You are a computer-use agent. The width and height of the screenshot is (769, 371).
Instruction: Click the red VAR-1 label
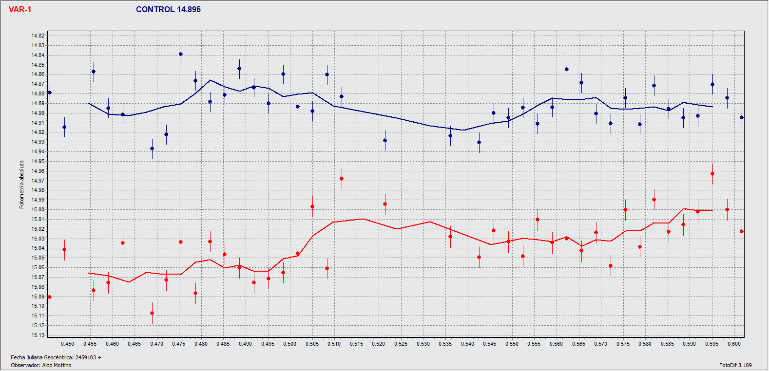coord(20,10)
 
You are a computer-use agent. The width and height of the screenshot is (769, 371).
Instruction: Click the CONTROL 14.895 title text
coord(168,10)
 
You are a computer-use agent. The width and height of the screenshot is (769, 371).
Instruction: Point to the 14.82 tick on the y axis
coord(38,36)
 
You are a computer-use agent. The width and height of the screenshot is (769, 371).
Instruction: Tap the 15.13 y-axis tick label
coord(38,335)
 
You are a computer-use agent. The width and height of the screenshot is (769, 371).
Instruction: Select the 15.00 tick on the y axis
coord(38,209)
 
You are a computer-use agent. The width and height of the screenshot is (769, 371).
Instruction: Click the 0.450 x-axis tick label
coord(68,344)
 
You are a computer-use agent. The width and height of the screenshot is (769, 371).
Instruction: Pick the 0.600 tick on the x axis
coord(734,344)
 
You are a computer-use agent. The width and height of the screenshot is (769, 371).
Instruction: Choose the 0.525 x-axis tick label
coord(401,344)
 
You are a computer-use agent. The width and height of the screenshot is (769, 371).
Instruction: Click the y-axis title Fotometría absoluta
coord(21,185)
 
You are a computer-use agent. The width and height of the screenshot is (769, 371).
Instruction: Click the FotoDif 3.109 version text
coord(735,365)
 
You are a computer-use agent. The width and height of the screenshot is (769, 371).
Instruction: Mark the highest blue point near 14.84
coord(181,54)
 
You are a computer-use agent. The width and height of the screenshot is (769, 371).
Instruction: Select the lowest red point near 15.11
coord(152,313)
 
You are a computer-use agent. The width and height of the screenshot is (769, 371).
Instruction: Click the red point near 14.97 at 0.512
coord(342,179)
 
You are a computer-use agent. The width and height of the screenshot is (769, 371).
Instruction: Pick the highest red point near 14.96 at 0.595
coord(712,174)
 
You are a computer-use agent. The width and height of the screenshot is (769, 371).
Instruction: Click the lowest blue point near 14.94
coord(152,148)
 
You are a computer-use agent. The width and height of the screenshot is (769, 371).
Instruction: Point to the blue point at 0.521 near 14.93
coord(385,140)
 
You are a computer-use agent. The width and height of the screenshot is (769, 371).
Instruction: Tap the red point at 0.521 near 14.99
coord(385,204)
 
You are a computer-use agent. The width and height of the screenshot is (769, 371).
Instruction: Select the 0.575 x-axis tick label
coord(623,344)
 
